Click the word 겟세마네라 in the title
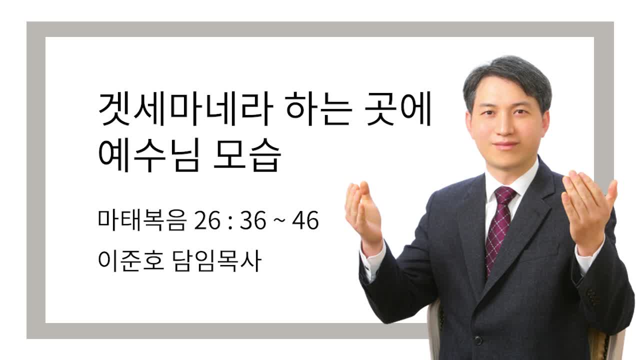185,108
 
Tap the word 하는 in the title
319,108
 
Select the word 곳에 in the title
399,108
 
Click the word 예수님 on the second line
148,155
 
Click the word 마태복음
142,220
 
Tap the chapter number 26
207,220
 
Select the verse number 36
253,220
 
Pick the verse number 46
305,220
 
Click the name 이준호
131,260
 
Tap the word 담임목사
217,260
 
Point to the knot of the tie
505,194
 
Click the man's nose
505,127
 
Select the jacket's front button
478,340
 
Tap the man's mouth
505,144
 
